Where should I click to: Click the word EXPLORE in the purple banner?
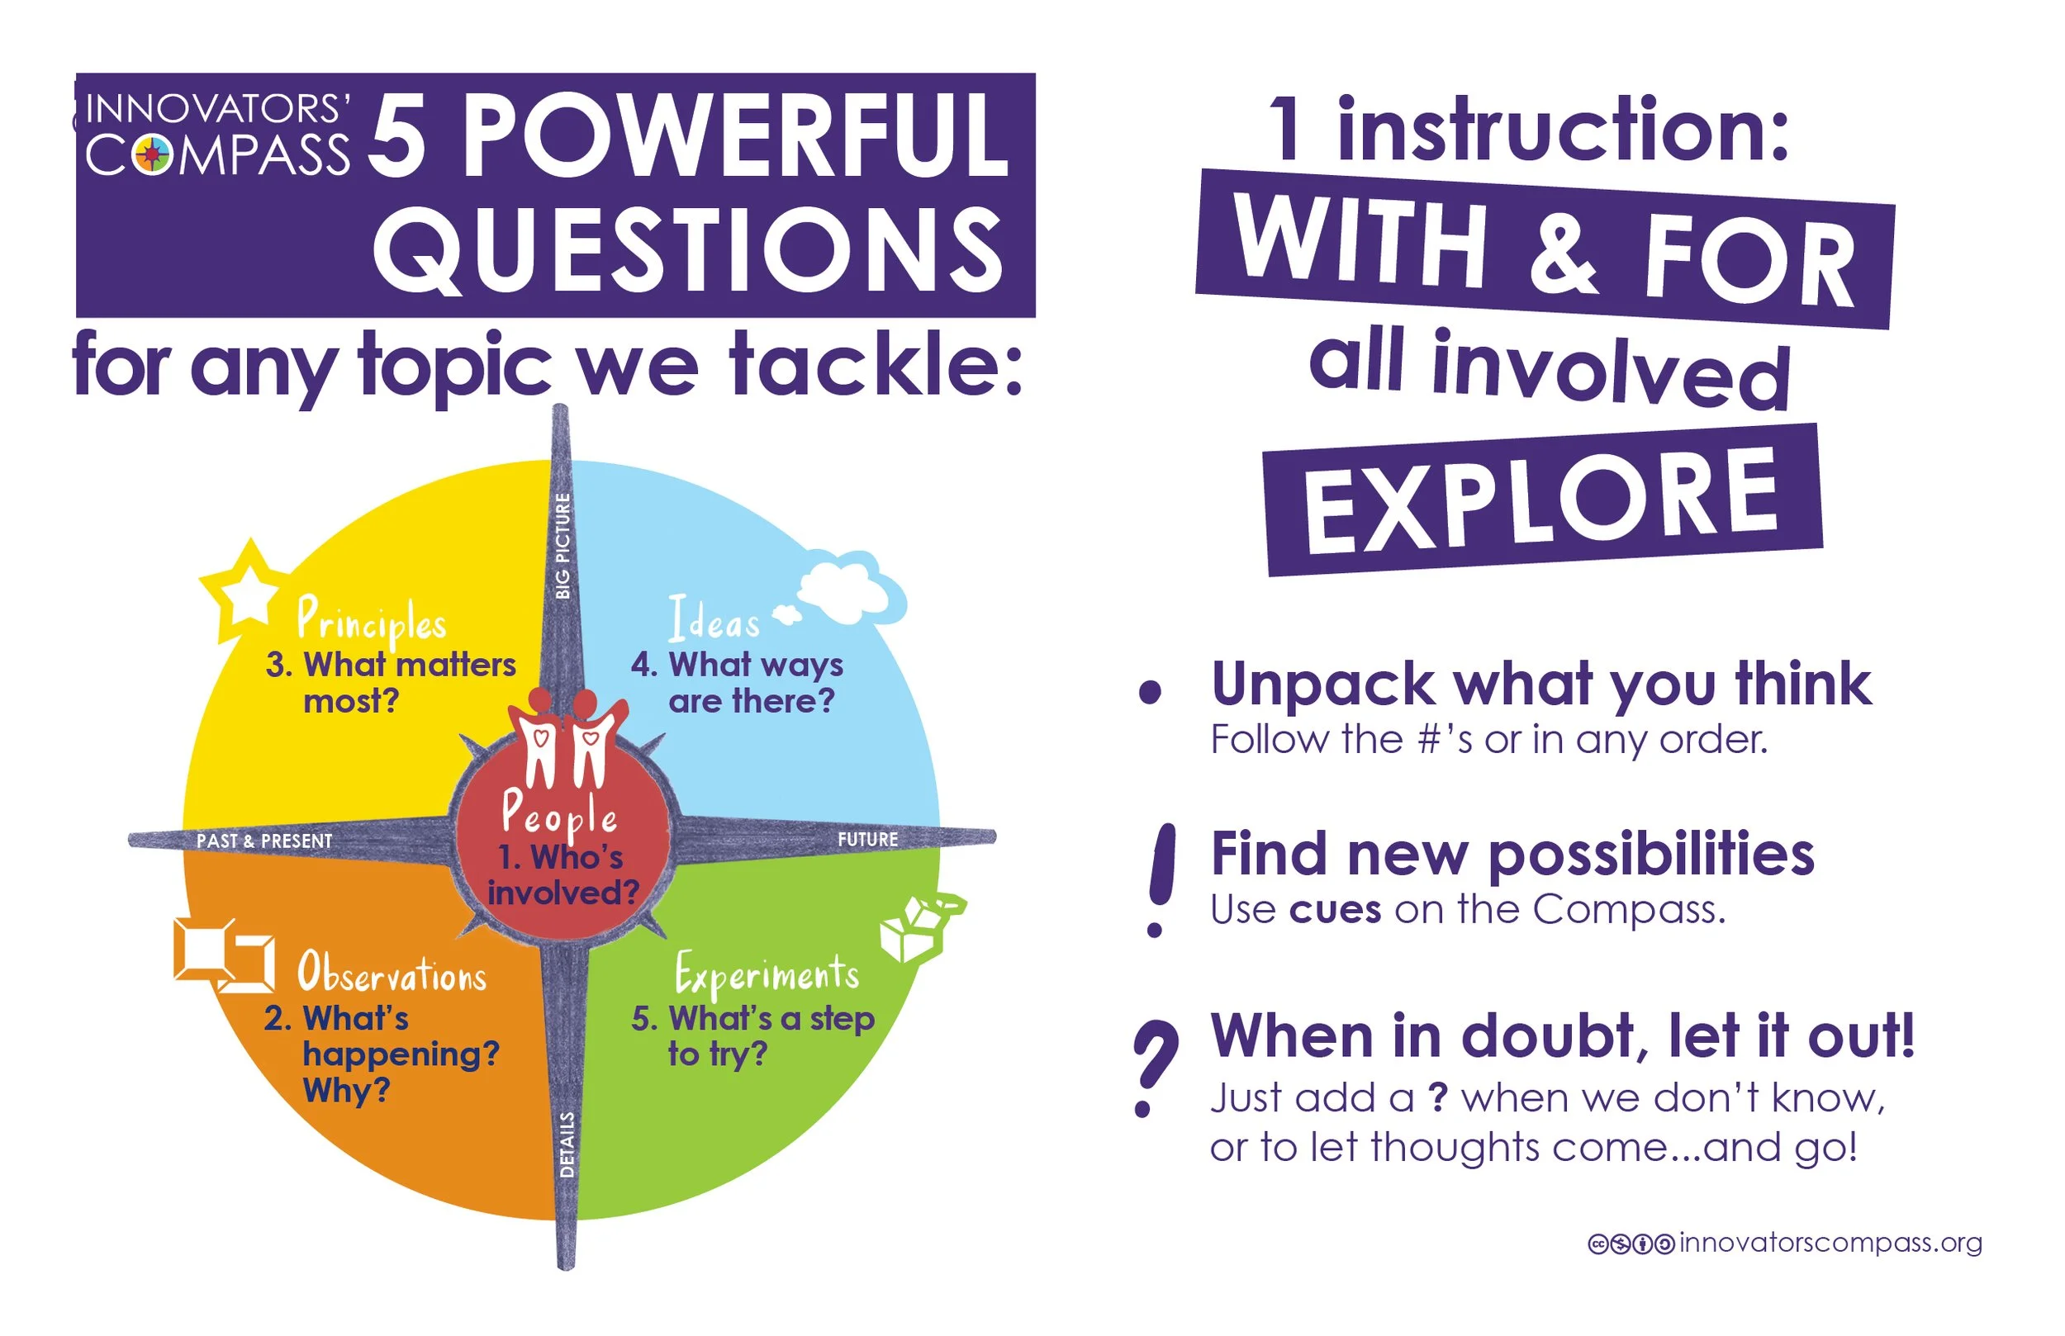point(1542,500)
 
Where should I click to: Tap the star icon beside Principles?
point(247,593)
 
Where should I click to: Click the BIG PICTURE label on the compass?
point(563,546)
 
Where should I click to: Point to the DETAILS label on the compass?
point(567,1144)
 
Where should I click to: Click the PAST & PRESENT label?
point(263,841)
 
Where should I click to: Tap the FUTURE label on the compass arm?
point(866,839)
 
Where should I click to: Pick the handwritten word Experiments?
point(767,974)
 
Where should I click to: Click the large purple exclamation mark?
point(1160,879)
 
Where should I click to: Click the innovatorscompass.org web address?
point(1830,1244)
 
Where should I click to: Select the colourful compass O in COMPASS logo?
point(154,155)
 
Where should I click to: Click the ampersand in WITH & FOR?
point(1563,253)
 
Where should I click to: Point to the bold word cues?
point(1335,910)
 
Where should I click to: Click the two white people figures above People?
point(567,737)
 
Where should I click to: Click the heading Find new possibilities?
point(1512,854)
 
